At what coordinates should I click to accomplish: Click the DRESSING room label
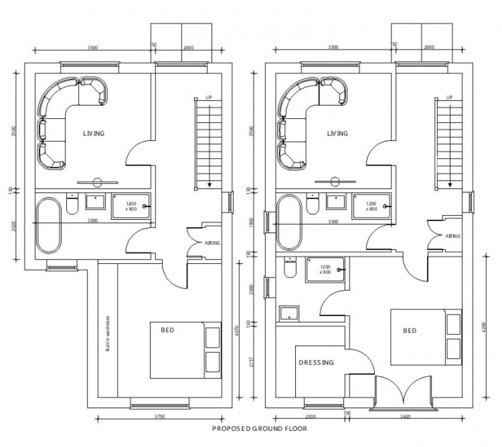coord(316,362)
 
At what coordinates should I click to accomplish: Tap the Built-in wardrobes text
coord(108,333)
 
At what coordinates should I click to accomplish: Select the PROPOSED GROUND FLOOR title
coord(259,429)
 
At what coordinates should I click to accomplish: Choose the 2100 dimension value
coord(310,417)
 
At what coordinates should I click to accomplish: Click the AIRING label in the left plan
coord(212,243)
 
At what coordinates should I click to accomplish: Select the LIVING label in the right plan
coord(337,134)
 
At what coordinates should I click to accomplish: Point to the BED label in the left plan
coord(167,330)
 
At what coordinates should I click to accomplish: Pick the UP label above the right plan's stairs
coord(449,98)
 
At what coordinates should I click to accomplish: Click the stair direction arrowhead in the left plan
coord(209,185)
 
